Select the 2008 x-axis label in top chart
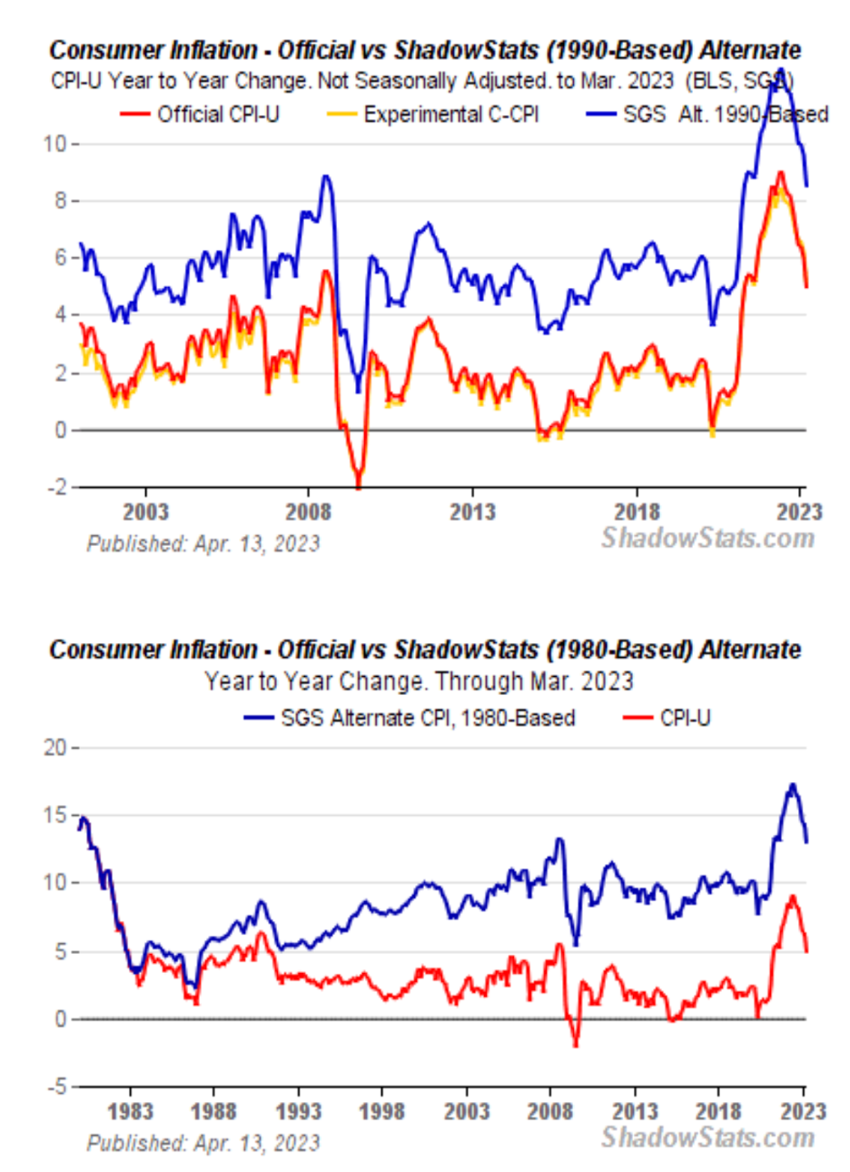[309, 512]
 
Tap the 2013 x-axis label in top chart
[472, 512]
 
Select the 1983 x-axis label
[130, 1111]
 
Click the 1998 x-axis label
[382, 1111]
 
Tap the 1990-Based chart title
[425, 49]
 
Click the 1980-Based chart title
[425, 650]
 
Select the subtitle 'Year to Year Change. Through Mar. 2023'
[419, 681]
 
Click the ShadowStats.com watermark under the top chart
[707, 538]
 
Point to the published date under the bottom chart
[203, 1142]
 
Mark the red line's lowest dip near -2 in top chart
[359, 486]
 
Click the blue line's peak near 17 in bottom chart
[793, 785]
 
